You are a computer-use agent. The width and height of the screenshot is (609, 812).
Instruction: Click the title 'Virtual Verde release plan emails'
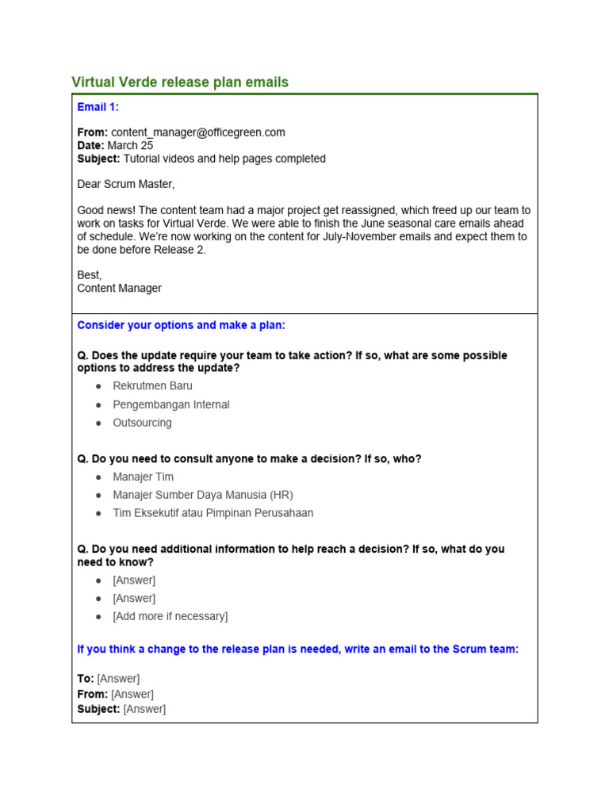180,82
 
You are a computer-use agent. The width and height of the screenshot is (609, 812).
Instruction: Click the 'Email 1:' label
98,107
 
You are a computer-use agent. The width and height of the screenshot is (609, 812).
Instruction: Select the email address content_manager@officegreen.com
198,132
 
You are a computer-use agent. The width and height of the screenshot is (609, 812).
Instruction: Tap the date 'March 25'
130,146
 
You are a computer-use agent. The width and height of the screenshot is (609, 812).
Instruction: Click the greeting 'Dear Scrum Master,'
125,184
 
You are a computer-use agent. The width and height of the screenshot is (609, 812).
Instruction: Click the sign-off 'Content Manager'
119,289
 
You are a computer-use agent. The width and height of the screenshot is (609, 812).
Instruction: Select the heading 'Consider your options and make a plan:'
181,326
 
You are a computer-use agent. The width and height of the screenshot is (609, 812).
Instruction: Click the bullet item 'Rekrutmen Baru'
152,386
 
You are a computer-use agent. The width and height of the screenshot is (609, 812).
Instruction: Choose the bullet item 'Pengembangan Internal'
170,404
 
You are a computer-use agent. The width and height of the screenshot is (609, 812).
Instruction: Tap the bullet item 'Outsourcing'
142,423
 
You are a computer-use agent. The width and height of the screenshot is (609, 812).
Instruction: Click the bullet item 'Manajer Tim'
143,477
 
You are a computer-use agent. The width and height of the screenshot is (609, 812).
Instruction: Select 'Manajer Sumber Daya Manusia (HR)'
202,495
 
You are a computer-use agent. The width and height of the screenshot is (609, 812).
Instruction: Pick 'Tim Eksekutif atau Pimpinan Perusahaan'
213,513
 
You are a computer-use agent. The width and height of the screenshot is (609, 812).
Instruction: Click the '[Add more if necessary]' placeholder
170,616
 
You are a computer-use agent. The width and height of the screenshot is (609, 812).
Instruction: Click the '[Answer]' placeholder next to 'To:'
118,679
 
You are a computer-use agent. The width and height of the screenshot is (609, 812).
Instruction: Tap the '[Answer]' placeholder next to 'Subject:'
144,709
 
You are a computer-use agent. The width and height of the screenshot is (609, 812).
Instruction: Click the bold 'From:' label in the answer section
92,694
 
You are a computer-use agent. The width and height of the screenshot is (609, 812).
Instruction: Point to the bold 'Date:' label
90,146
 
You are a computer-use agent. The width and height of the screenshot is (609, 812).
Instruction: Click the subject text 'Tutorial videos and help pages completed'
224,159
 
